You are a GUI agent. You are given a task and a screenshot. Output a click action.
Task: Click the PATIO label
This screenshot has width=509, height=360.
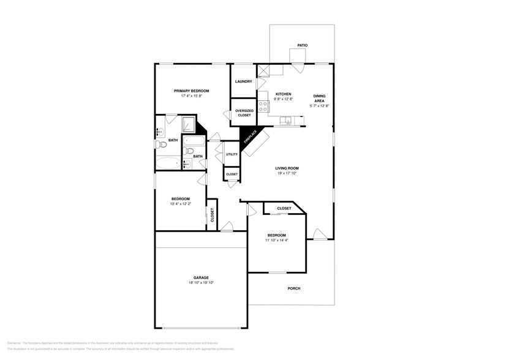pyautogui.click(x=302, y=45)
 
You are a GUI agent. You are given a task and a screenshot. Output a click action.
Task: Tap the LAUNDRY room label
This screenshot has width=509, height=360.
pyautogui.click(x=244, y=81)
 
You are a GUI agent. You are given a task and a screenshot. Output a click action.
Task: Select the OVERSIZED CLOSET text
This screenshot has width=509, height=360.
pyautogui.click(x=244, y=113)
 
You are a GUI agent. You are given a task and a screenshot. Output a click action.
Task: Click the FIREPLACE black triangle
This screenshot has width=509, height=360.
pyautogui.click(x=249, y=138)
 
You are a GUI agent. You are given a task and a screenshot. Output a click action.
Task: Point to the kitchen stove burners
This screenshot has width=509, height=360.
pyautogui.click(x=262, y=107)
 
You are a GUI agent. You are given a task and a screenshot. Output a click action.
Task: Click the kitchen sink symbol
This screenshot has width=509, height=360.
pyautogui.click(x=285, y=120)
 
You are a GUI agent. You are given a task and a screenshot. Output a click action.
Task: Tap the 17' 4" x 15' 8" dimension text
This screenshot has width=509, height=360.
pyautogui.click(x=195, y=96)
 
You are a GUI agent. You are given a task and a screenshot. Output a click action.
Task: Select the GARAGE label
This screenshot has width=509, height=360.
pyautogui.click(x=202, y=277)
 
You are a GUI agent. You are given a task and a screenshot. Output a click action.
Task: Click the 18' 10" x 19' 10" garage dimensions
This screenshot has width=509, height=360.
pyautogui.click(x=202, y=283)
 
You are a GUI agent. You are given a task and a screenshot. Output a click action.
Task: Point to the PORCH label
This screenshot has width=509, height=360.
pyautogui.click(x=294, y=288)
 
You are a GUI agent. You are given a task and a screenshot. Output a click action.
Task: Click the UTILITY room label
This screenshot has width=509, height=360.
pyautogui.click(x=232, y=154)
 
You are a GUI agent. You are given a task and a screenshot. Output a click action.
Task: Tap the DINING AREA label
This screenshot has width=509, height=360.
pyautogui.click(x=319, y=99)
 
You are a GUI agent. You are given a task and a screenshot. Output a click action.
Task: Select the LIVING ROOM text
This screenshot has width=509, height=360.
pyautogui.click(x=286, y=168)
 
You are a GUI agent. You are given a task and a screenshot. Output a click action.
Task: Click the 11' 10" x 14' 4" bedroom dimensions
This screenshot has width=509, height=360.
pyautogui.click(x=276, y=241)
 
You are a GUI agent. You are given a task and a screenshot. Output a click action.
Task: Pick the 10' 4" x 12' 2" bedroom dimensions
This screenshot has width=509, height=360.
pyautogui.click(x=180, y=204)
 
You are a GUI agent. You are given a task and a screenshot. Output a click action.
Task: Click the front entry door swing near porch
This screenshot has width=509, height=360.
pyautogui.click(x=319, y=234)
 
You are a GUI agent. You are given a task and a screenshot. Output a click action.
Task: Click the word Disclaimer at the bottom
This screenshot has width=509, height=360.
pyautogui.click(x=15, y=343)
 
